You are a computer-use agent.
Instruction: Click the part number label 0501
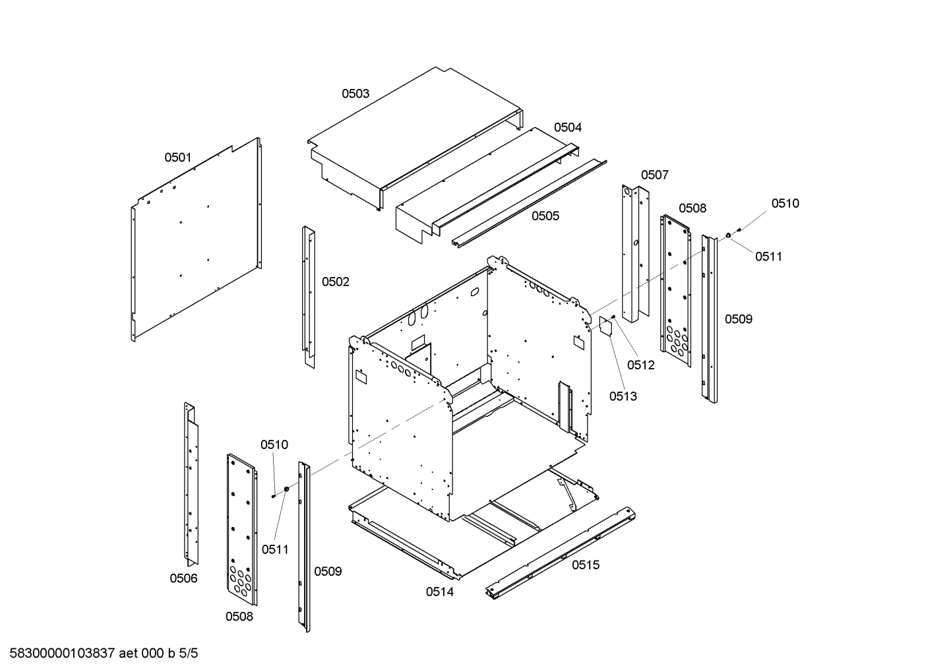coord(177,158)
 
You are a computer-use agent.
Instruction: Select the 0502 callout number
coord(335,282)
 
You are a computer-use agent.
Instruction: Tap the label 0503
coord(355,94)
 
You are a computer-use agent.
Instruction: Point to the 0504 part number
coord(567,127)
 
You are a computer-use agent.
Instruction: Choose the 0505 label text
coord(545,216)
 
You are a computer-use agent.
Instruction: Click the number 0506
coord(183,578)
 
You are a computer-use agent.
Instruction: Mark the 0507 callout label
coord(654,175)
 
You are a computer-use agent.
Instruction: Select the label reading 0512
coord(640,365)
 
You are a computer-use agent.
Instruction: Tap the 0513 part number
coord(623,396)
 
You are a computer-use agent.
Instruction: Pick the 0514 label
coord(439,592)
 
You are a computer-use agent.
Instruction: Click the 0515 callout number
coord(585,565)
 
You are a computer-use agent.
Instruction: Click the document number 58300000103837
coord(63,654)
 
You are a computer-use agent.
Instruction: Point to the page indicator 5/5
coord(188,654)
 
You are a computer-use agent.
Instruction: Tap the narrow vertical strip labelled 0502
coord(308,297)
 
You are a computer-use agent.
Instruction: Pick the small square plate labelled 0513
coord(605,326)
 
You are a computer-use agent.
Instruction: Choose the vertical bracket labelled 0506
coord(191,485)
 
